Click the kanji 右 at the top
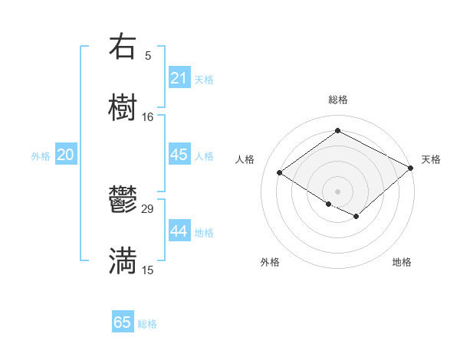coord(123,47)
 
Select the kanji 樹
coord(123,108)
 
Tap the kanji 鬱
coord(123,201)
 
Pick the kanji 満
coord(123,261)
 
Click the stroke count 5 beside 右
coord(147,56)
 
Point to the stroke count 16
coord(147,117)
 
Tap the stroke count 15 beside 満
coord(147,270)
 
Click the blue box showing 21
coord(179,78)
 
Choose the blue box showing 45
coord(179,155)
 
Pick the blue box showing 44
coord(179,231)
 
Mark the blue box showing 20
coord(65,155)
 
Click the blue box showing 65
coord(123,322)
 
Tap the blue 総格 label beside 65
coord(147,324)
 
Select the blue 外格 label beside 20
coord(41,156)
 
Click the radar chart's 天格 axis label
coord(431,159)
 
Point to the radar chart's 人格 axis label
coord(245,159)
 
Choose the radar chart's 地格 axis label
coord(402,262)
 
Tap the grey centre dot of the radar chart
coord(337,190)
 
